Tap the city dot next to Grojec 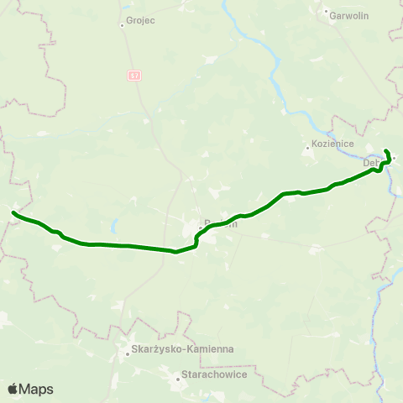point(123,24)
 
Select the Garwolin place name point(345,14)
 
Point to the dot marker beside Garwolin point(326,12)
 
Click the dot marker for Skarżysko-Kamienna point(127,353)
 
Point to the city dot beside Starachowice point(177,379)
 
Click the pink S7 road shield point(135,75)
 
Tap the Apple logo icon point(13,389)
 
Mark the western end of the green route point(13,213)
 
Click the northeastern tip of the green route point(385,150)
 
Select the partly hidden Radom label point(220,223)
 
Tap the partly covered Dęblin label point(373,163)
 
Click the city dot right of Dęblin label point(392,157)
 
